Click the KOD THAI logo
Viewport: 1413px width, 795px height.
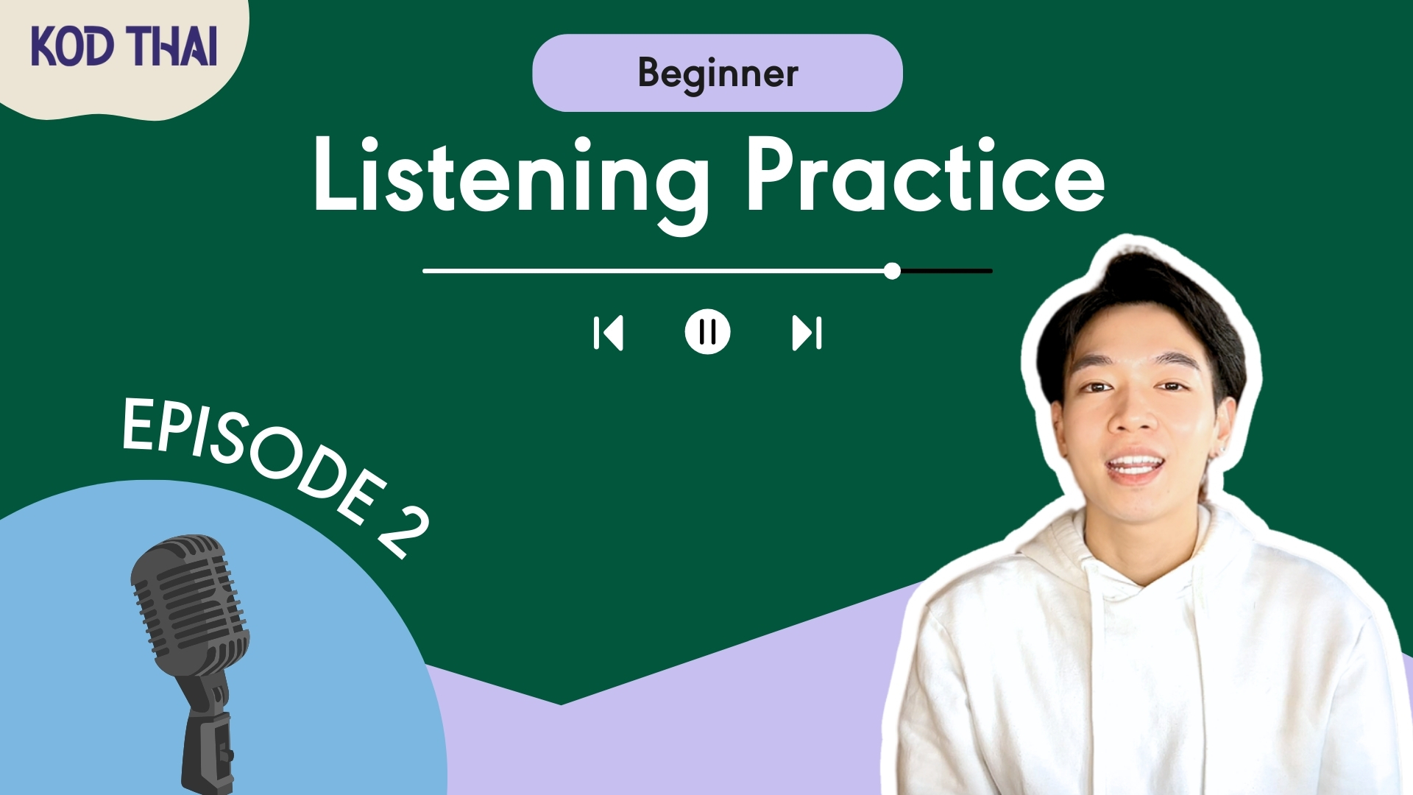124,46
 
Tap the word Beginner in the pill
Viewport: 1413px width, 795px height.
718,74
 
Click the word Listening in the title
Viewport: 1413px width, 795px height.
511,180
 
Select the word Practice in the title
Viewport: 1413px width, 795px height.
925,175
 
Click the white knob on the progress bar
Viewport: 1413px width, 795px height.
892,271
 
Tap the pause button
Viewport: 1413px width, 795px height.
707,332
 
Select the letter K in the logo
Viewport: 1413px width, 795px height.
45,46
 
